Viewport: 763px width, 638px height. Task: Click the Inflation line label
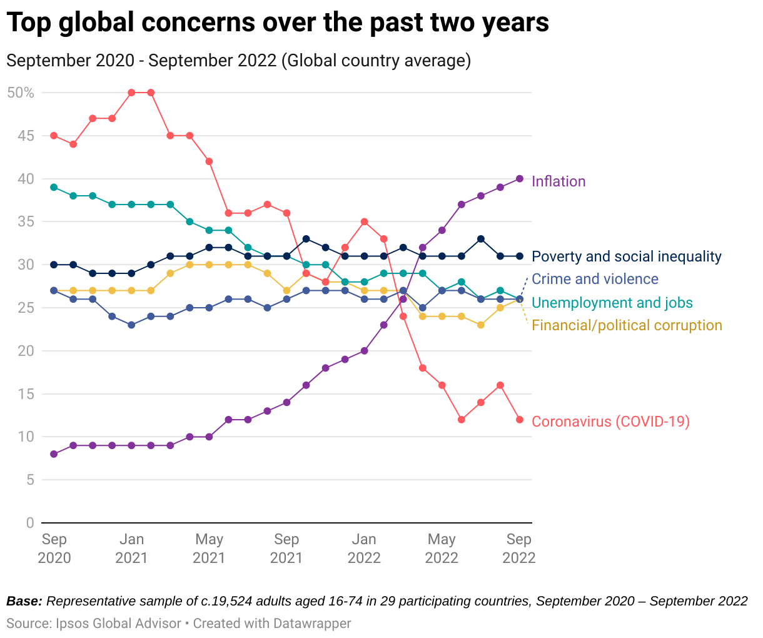point(558,181)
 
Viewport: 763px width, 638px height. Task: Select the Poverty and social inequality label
point(626,256)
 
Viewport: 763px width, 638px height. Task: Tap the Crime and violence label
point(595,279)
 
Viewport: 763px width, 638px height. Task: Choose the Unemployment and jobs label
point(612,303)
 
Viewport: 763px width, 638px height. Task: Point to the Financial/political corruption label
point(627,325)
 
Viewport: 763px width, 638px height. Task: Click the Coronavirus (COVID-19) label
point(610,422)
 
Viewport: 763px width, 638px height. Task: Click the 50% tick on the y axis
point(21,93)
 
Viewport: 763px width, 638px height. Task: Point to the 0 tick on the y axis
point(30,523)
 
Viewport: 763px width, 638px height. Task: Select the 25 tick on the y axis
point(26,308)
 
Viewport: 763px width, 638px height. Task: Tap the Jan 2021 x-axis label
point(131,548)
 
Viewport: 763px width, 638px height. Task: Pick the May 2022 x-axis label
point(442,548)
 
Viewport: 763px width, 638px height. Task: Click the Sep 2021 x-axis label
point(286,548)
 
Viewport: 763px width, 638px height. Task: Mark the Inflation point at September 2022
point(520,179)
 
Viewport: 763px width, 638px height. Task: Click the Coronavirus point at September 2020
point(54,136)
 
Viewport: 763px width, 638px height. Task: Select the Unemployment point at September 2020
point(54,187)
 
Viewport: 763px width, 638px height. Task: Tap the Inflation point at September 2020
point(54,454)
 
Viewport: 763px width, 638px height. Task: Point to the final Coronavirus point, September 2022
point(520,420)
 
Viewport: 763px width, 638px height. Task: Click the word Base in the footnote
point(23,602)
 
